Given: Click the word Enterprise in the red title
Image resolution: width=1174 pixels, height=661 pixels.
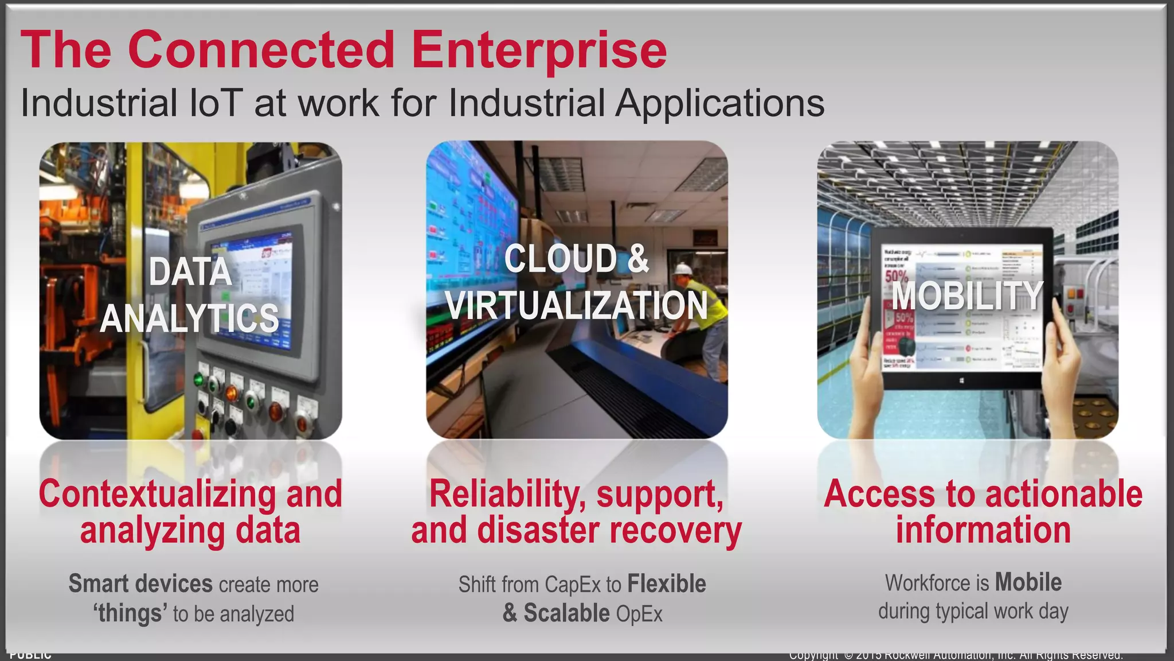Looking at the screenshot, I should (x=539, y=50).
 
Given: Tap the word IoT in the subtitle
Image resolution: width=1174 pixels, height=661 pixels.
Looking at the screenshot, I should (x=214, y=103).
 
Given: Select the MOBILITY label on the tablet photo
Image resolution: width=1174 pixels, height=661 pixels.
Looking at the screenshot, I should (x=966, y=296).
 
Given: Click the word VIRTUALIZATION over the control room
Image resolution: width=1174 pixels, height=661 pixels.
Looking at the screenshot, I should (x=577, y=305).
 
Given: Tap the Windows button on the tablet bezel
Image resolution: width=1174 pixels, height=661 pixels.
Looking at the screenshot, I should (x=961, y=380).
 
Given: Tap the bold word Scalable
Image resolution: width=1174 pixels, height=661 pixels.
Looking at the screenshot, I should (x=566, y=613).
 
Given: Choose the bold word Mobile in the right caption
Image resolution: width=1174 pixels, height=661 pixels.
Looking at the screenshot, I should (x=1028, y=583).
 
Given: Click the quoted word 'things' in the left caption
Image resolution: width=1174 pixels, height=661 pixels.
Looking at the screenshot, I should (x=130, y=613).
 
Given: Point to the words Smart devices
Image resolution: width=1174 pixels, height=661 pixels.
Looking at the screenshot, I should (x=140, y=584).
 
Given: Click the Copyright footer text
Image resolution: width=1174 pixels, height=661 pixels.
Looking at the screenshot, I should (x=956, y=655).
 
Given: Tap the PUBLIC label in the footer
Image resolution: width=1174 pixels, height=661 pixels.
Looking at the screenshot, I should (x=30, y=655).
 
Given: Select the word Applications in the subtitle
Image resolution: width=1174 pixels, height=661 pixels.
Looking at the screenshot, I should (x=720, y=103).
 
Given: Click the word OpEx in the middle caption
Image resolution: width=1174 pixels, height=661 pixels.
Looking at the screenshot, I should (x=639, y=614).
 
